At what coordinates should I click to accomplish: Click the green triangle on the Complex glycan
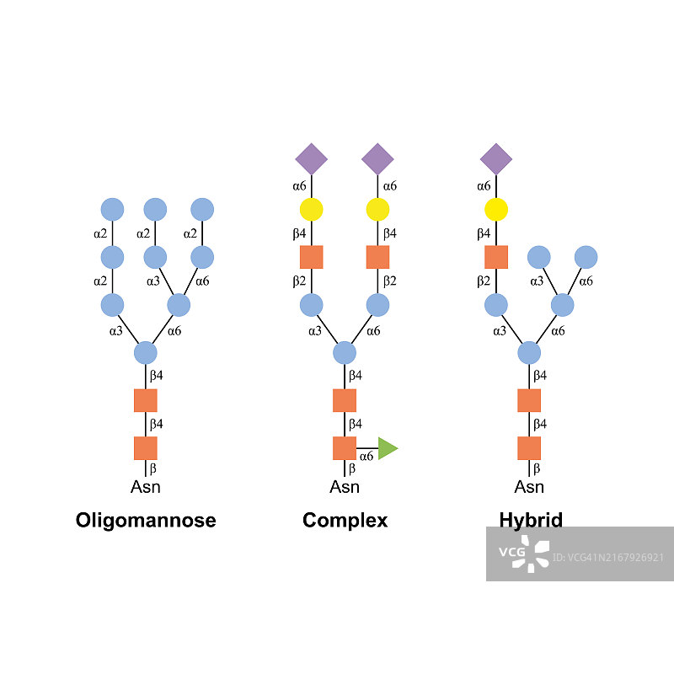387,448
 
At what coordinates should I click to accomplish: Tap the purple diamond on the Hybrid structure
496,158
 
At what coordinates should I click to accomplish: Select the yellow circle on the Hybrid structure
496,209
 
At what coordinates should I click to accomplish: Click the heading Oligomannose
146,520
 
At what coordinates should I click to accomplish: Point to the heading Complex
345,520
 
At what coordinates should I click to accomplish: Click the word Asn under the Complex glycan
345,487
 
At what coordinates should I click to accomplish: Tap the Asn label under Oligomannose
146,487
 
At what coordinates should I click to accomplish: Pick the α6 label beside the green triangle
366,456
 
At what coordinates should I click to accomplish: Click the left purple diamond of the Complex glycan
311,158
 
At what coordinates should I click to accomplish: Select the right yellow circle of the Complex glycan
377,209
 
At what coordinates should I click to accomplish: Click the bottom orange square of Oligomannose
146,448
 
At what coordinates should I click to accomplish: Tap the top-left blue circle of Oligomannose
112,209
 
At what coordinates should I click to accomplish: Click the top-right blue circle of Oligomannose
202,209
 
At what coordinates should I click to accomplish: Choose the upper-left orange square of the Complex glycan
311,256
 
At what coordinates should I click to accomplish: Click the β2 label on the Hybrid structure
484,281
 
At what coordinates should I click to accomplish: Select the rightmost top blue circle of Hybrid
586,256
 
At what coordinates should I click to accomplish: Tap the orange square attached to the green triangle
345,448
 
